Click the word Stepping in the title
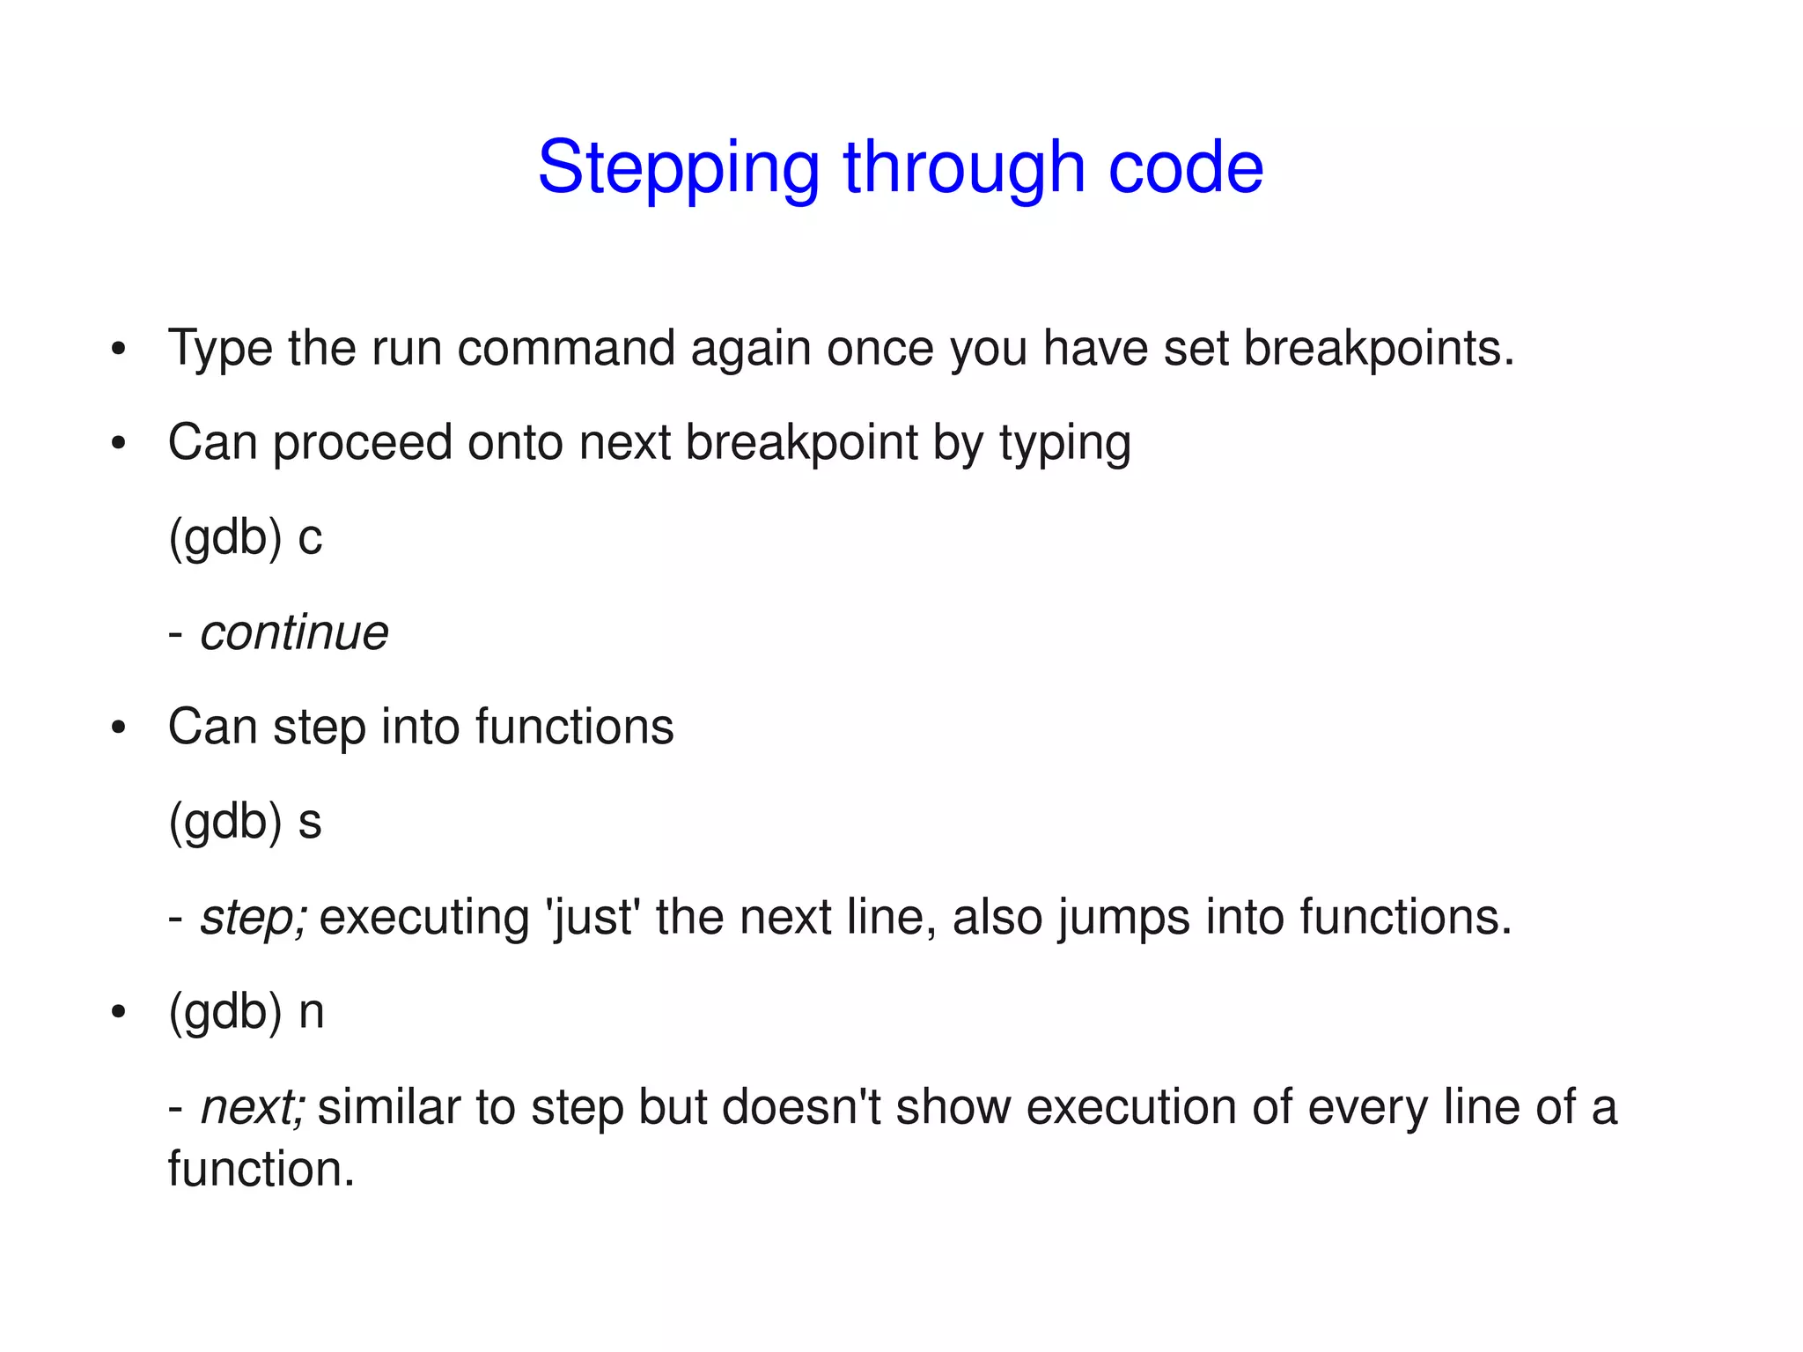[678, 167]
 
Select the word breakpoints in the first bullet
[1379, 349]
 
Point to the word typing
[1064, 443]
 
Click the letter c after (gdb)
[310, 538]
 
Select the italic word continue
[294, 632]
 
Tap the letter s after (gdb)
[310, 822]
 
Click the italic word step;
[254, 918]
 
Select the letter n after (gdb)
[311, 1011]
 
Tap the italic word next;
[253, 1107]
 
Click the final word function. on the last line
[261, 1170]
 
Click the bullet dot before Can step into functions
[119, 728]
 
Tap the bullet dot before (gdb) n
[119, 1013]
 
